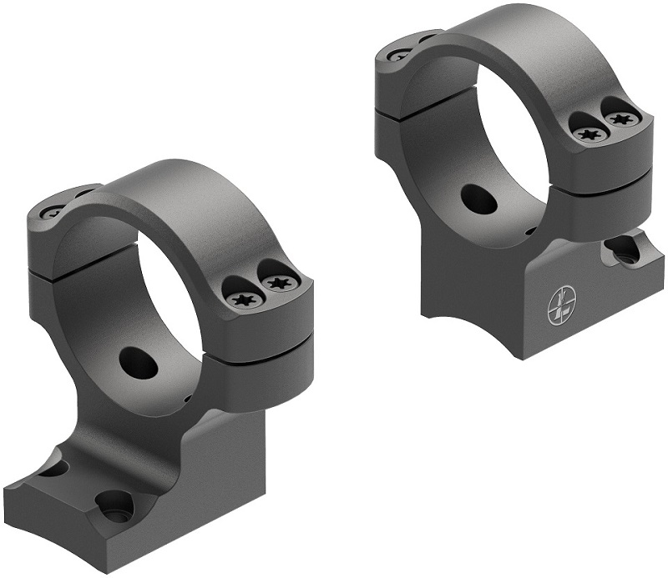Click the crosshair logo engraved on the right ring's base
click(x=561, y=306)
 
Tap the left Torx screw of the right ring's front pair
click(x=590, y=132)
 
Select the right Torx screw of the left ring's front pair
click(x=276, y=284)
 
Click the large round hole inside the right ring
click(x=478, y=198)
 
